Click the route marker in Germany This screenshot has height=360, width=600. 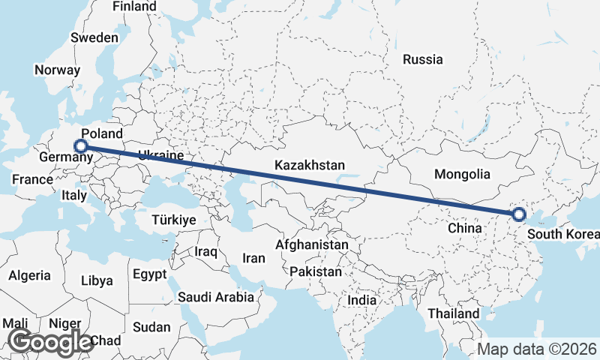(81, 146)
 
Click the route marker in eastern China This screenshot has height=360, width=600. (518, 215)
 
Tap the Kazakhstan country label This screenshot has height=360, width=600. (310, 165)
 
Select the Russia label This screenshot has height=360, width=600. (422, 59)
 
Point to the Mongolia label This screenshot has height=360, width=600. (462, 174)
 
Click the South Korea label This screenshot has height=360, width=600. (562, 234)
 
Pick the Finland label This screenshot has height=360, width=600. (134, 7)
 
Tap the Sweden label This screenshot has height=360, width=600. (94, 37)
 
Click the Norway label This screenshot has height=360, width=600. (57, 70)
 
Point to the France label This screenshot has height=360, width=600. (32, 179)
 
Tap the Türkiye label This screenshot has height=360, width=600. (173, 220)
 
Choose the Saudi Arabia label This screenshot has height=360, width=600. (215, 297)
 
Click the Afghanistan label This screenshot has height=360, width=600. (312, 244)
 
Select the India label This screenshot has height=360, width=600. (361, 300)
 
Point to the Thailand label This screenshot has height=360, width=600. (453, 313)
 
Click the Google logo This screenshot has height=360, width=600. (50, 342)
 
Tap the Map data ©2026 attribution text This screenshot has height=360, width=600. (537, 349)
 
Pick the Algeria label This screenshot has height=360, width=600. (30, 275)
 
